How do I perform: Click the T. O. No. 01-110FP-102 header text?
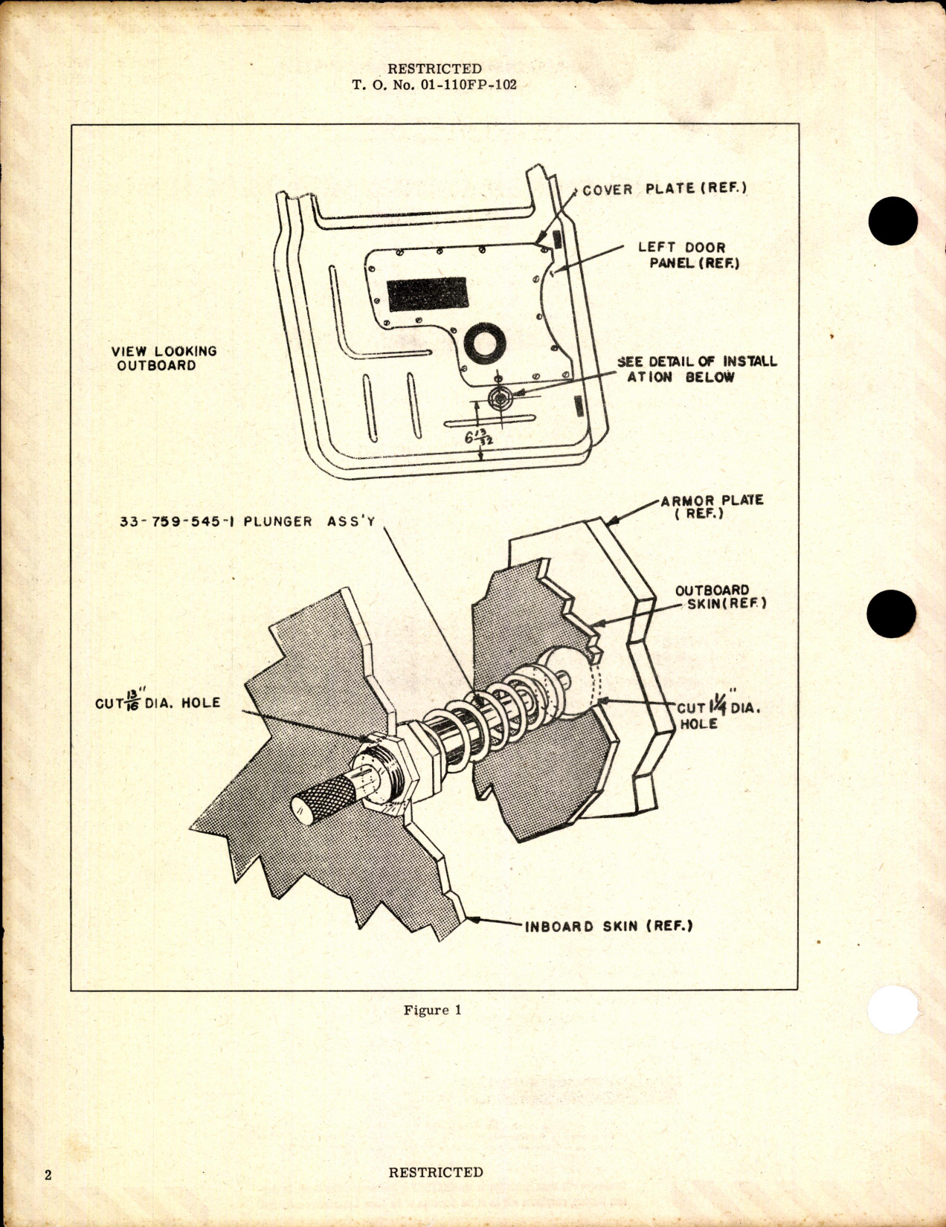click(434, 85)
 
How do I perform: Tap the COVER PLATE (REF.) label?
click(664, 189)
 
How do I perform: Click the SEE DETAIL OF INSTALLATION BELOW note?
click(696, 369)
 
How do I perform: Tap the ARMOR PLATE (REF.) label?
click(711, 506)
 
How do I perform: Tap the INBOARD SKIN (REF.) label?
click(608, 927)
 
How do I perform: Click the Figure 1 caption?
click(432, 1010)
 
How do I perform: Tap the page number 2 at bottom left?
click(48, 1175)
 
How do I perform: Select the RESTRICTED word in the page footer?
click(435, 1172)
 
